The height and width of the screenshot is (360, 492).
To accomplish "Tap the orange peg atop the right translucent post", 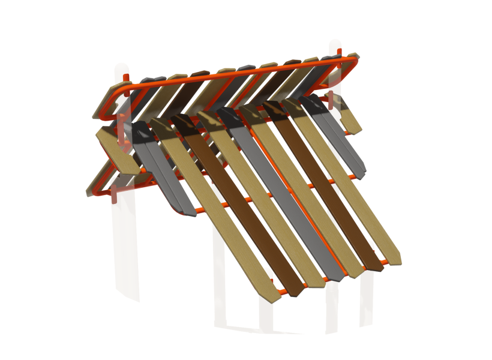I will (339, 53).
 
